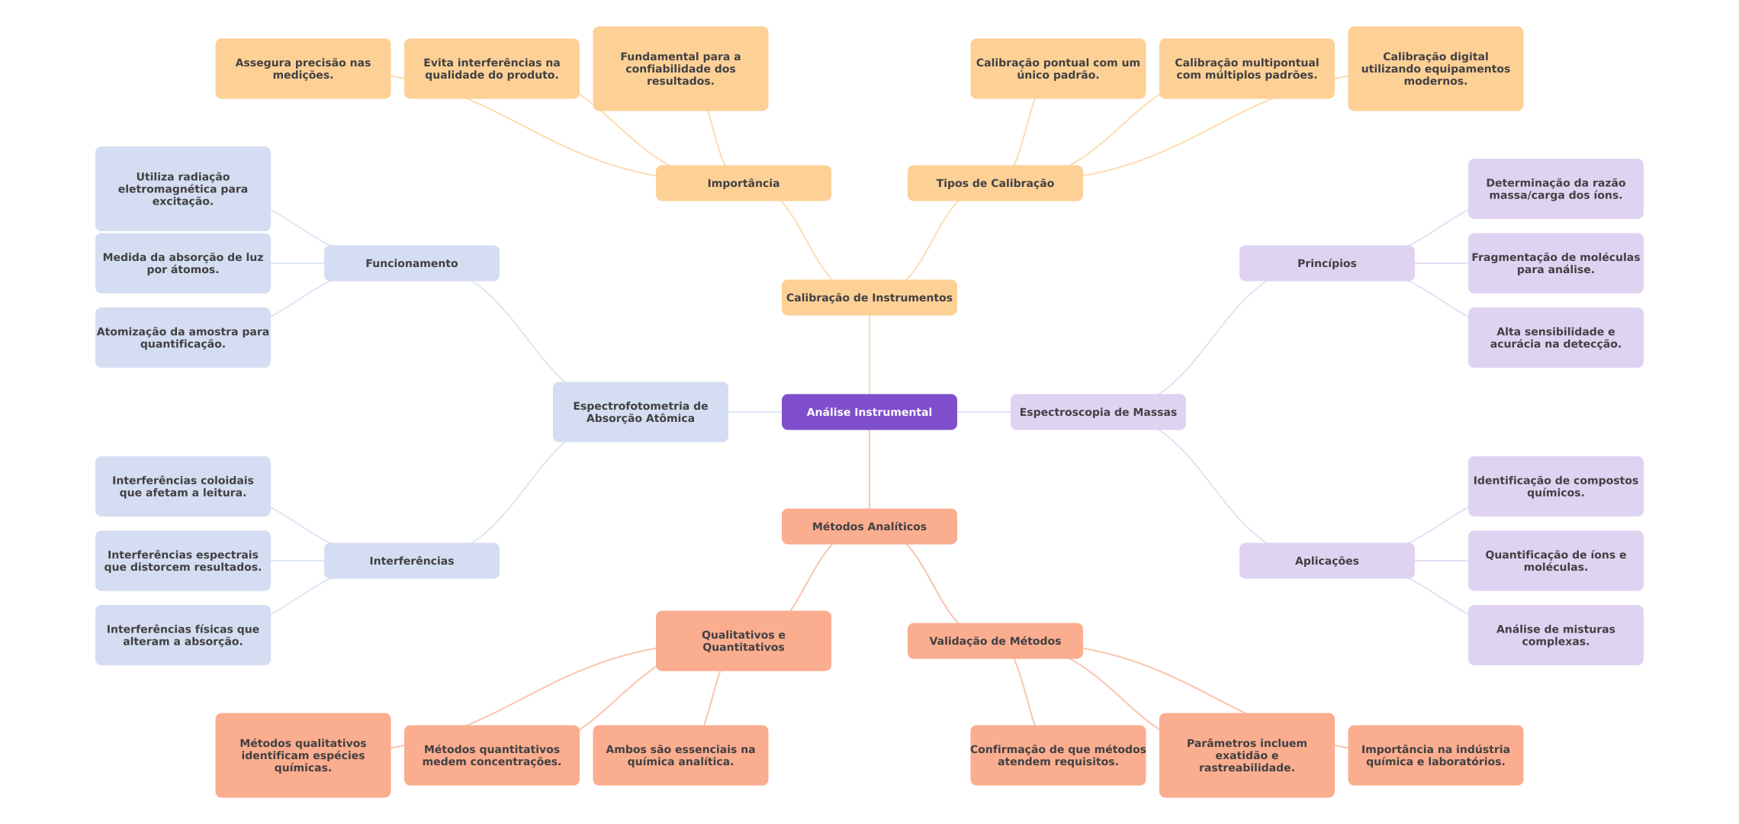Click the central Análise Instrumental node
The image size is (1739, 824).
(x=869, y=412)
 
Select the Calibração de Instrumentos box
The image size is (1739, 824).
(x=869, y=298)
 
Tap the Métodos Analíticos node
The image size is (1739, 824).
(x=869, y=526)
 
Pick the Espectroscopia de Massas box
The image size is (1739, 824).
(x=1098, y=412)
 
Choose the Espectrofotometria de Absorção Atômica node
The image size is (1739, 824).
(x=640, y=412)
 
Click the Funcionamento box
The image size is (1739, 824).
(x=411, y=263)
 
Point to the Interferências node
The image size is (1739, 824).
(x=411, y=561)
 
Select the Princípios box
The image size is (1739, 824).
(x=1326, y=263)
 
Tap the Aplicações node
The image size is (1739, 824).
(x=1326, y=561)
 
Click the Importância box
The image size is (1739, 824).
(x=743, y=183)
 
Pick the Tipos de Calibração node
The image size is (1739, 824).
(x=995, y=183)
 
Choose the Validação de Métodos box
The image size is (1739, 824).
(x=995, y=641)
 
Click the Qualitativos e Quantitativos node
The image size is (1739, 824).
(x=743, y=641)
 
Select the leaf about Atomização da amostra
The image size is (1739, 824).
(x=182, y=337)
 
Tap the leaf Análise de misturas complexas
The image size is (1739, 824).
(x=1555, y=635)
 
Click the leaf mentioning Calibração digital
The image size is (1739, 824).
(x=1435, y=69)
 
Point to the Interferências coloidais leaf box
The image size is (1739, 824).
(x=182, y=486)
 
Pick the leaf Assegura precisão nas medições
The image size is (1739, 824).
(x=303, y=69)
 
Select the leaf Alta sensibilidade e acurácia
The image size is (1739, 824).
(x=1555, y=337)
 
